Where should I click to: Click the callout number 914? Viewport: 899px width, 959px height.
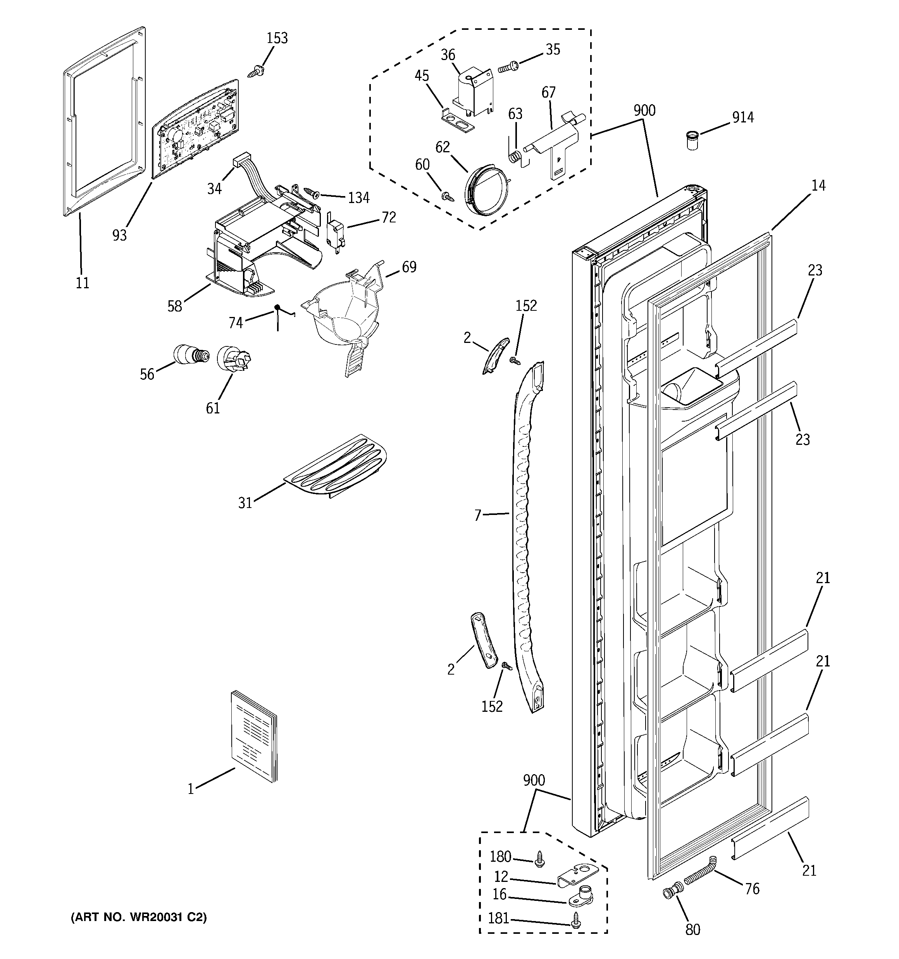[743, 117]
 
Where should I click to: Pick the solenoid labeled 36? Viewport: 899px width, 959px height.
[472, 93]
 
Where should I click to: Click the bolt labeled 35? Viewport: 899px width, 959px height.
[508, 67]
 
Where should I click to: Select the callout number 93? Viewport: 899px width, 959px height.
[119, 234]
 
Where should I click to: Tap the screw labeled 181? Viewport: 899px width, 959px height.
[575, 922]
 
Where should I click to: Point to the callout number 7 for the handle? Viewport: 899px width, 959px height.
[477, 516]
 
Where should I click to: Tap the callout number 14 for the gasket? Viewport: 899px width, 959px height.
[818, 185]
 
